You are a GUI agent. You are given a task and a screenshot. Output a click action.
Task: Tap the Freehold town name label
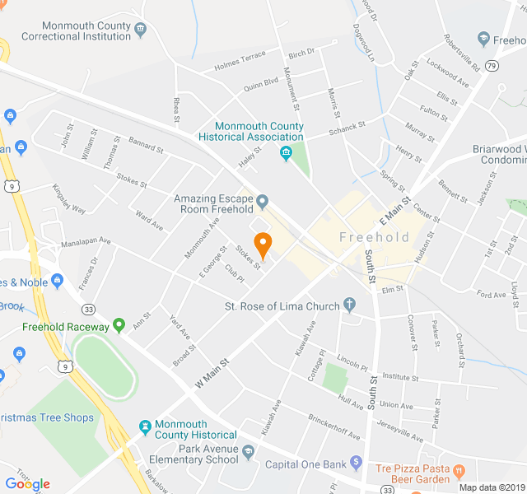374,237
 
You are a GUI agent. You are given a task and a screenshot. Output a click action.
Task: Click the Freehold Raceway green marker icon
119,326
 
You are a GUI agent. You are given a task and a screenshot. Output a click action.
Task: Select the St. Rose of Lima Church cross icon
350,305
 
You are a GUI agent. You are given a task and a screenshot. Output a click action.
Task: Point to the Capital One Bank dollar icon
357,463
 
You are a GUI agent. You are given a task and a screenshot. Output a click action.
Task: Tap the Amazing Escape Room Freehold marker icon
263,201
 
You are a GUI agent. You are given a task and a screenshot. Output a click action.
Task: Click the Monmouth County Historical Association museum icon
286,154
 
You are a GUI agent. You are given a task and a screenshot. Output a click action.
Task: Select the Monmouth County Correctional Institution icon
142,30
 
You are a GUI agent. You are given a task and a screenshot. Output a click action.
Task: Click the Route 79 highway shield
492,66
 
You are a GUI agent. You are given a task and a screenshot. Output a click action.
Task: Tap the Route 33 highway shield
89,309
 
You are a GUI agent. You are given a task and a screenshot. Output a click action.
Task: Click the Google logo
27,484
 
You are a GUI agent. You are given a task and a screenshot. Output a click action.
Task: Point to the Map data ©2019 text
491,487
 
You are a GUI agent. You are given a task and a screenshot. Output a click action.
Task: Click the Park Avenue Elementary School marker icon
249,450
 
